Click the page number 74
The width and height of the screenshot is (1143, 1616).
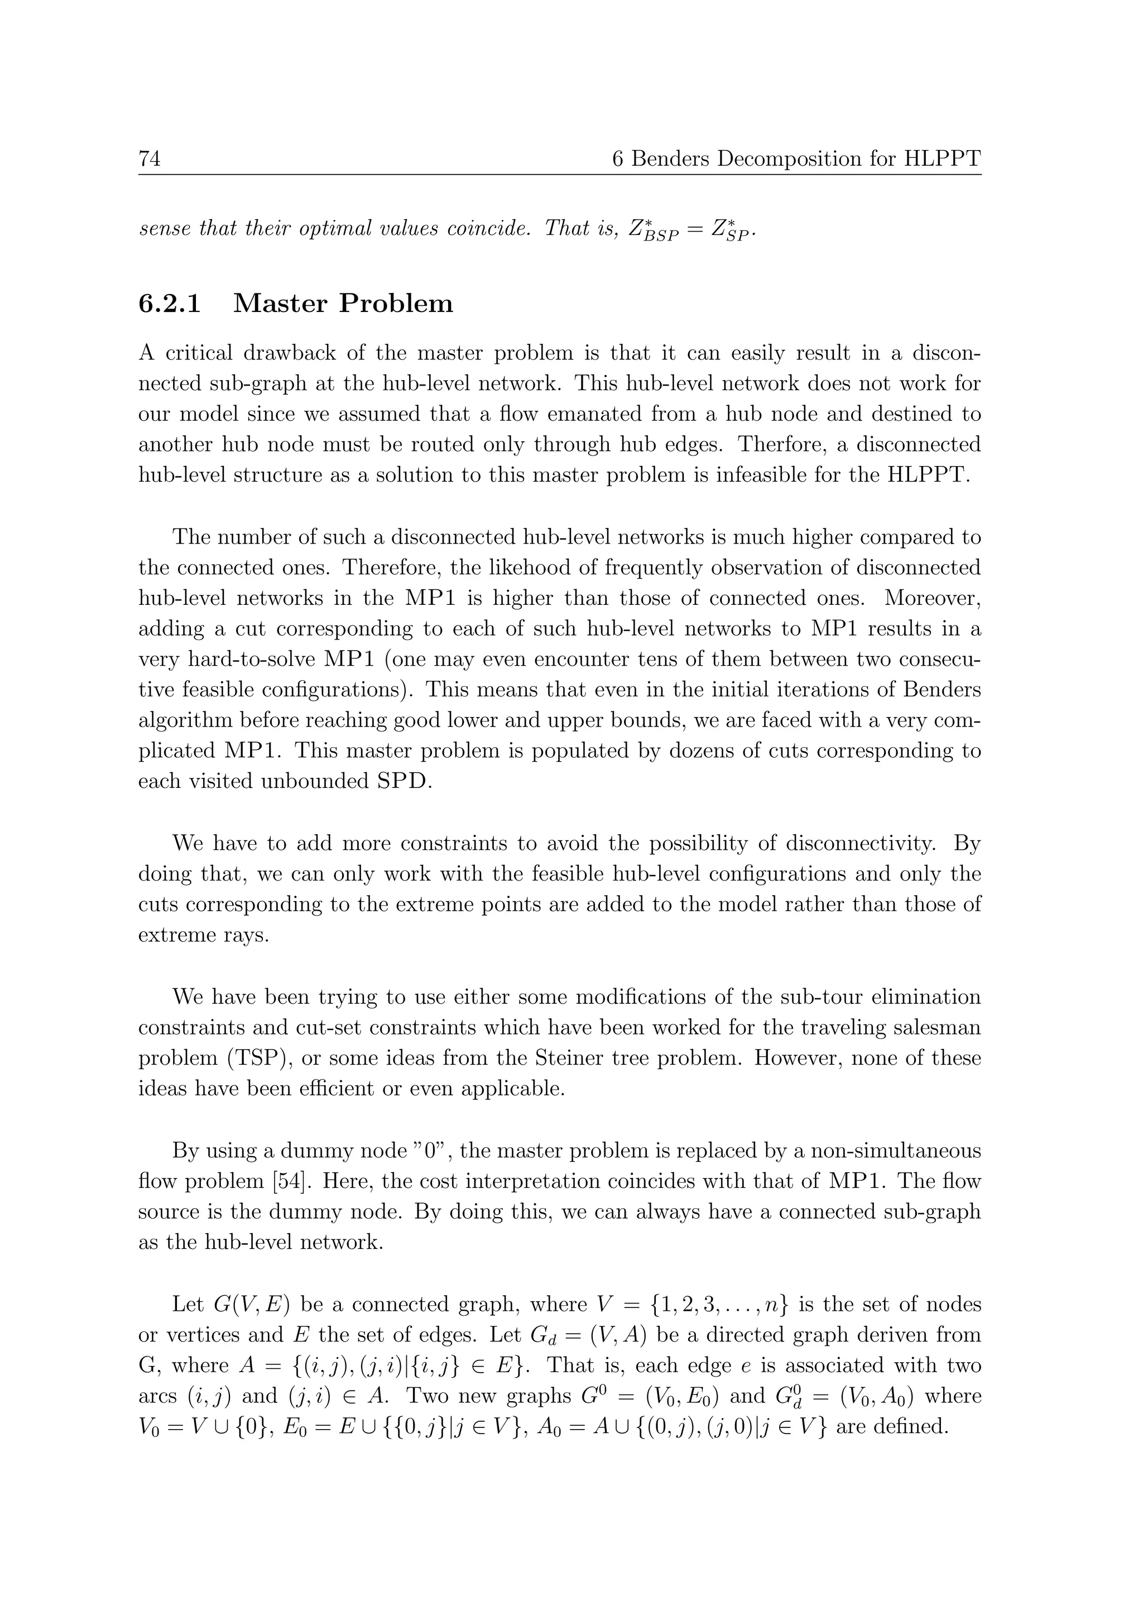pos(149,159)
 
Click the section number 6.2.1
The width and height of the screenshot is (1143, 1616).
pos(170,304)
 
